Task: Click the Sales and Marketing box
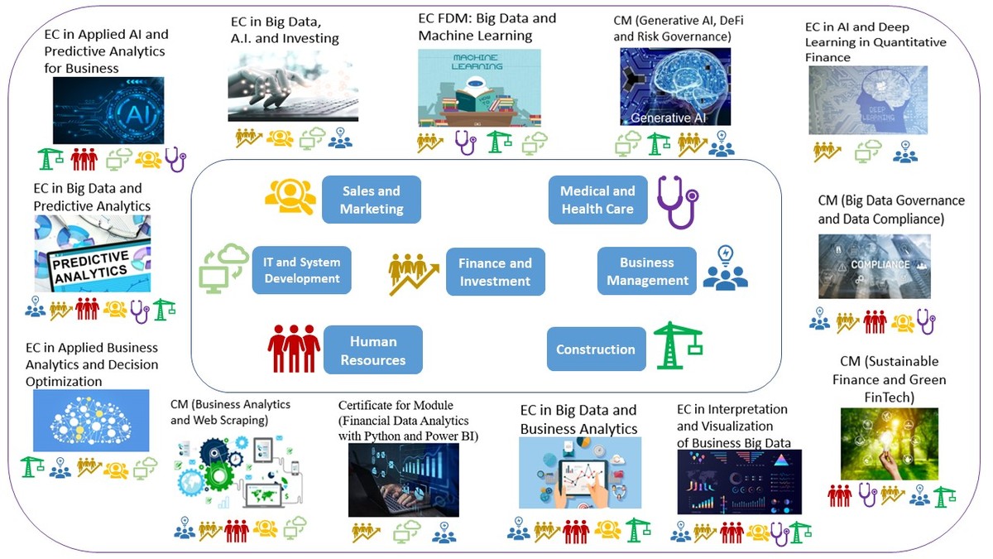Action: click(372, 200)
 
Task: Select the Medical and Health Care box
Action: click(597, 200)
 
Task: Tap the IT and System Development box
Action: click(302, 270)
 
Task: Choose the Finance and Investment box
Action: click(495, 272)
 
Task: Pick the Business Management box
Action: click(647, 271)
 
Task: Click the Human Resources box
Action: click(372, 350)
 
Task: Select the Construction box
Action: click(596, 349)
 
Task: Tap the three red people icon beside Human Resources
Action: click(294, 349)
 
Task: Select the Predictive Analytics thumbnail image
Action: click(93, 254)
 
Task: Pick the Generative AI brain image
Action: click(675, 86)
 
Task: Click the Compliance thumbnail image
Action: click(874, 266)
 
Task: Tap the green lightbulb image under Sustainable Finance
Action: click(889, 444)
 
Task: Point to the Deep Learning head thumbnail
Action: click(867, 100)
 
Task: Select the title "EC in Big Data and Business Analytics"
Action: click(578, 419)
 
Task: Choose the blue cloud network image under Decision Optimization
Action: click(91, 420)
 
